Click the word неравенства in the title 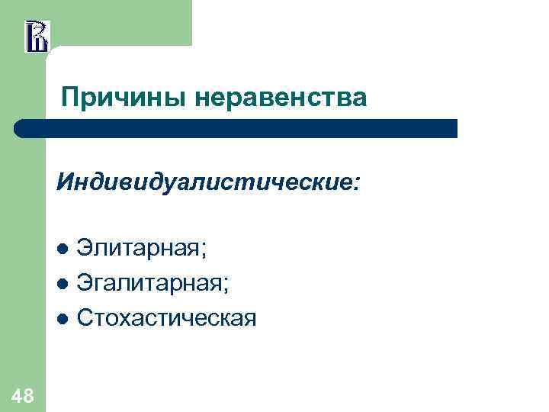coord(281,98)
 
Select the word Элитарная coord(140,248)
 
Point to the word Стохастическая coord(167,317)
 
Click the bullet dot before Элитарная coord(63,249)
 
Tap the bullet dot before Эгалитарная coord(63,284)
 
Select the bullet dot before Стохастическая coord(63,318)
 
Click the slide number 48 coord(22,395)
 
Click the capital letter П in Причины coord(70,98)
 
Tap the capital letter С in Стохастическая coord(85,317)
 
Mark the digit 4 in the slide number coord(16,395)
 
